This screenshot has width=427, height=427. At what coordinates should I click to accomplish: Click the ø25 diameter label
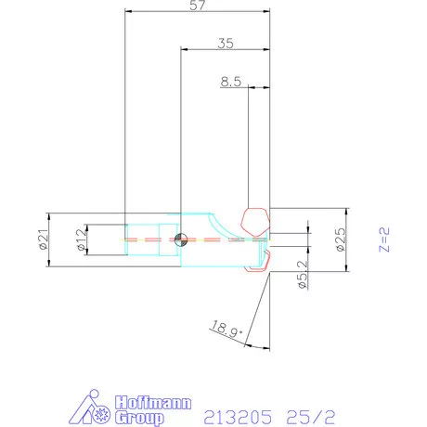click(x=340, y=239)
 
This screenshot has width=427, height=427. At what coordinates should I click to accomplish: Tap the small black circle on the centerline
click(x=180, y=239)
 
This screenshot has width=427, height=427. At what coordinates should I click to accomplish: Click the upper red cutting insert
click(x=254, y=221)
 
